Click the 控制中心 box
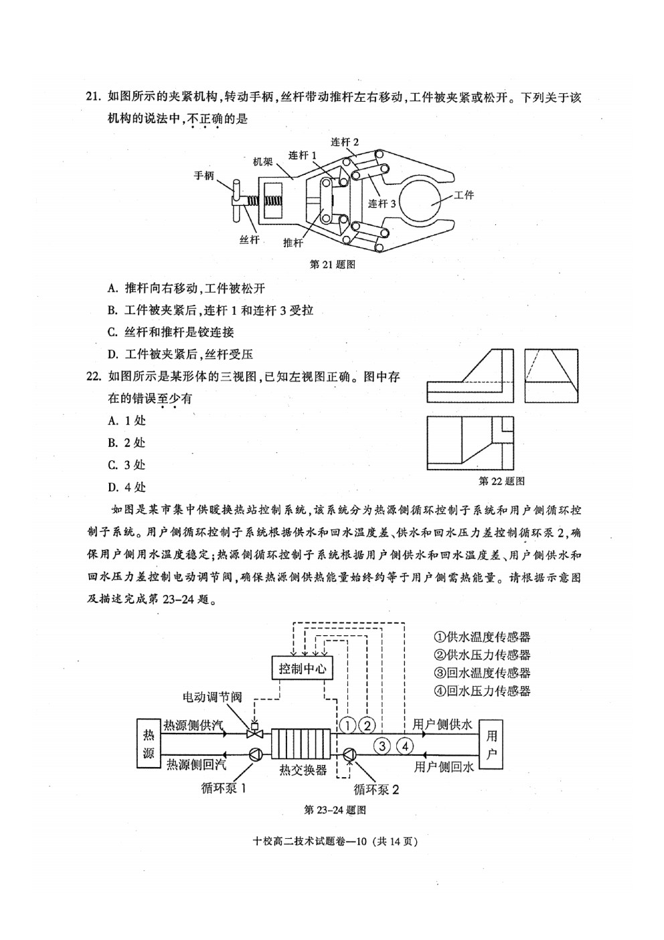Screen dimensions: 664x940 [302, 669]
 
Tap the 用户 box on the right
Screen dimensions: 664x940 [491, 744]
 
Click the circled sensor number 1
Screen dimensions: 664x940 [348, 725]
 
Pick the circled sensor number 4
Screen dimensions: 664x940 [405, 746]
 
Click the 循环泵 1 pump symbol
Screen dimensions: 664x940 [255, 754]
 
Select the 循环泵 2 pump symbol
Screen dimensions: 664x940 [349, 755]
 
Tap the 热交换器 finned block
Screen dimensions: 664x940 [301, 743]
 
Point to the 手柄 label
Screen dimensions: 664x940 [203, 175]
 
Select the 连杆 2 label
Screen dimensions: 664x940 [345, 142]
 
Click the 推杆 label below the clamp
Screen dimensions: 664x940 [293, 243]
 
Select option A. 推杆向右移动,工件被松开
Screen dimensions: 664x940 [186, 288]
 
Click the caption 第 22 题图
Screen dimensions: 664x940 [501, 481]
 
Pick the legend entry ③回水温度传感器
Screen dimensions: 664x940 [483, 673]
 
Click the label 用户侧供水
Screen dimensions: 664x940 [442, 724]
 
